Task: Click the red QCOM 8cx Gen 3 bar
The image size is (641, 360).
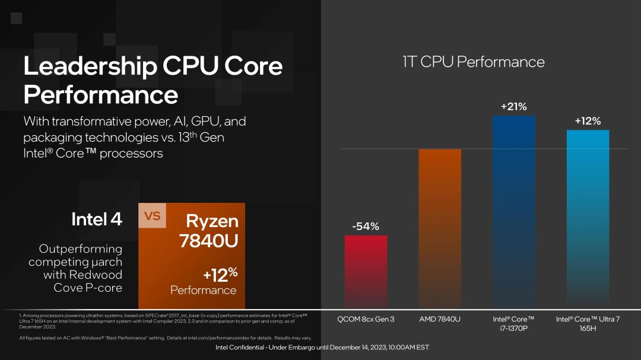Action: pyautogui.click(x=366, y=270)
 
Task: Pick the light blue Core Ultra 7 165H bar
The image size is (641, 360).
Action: pyautogui.click(x=588, y=216)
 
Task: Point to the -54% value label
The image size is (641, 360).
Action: pyautogui.click(x=366, y=226)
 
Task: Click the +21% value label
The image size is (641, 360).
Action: pyautogui.click(x=513, y=107)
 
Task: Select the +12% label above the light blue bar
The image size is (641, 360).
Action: pyautogui.click(x=588, y=121)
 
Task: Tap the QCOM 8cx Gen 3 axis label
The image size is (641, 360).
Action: pyautogui.click(x=366, y=320)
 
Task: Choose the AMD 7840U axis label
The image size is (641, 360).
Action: pyautogui.click(x=440, y=320)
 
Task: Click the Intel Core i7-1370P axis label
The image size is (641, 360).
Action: pyautogui.click(x=513, y=324)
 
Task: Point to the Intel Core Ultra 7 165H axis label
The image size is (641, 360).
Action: pyautogui.click(x=588, y=324)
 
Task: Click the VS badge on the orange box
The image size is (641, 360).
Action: pyautogui.click(x=153, y=216)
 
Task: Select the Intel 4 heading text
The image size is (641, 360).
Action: pyautogui.click(x=97, y=219)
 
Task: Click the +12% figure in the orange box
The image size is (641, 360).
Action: pyautogui.click(x=220, y=275)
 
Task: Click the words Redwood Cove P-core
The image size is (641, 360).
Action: pyautogui.click(x=83, y=281)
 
